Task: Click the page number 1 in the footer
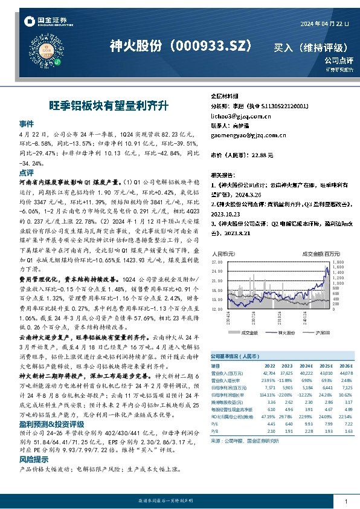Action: tap(345, 501)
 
